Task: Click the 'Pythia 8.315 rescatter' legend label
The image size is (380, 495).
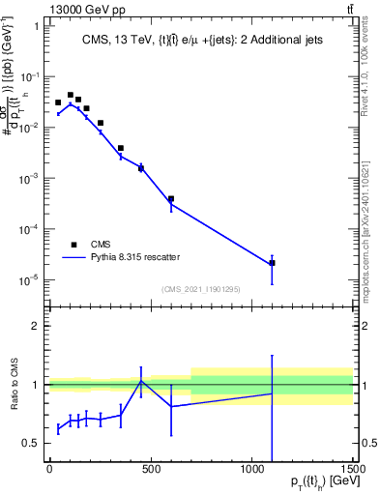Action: click(134, 257)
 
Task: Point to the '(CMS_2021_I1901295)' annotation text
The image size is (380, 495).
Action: click(200, 289)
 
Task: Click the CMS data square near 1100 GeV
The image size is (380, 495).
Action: click(272, 263)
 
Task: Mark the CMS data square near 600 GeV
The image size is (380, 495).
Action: click(171, 199)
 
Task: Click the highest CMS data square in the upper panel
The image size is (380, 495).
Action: click(70, 96)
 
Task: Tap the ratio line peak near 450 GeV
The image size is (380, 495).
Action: click(141, 381)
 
